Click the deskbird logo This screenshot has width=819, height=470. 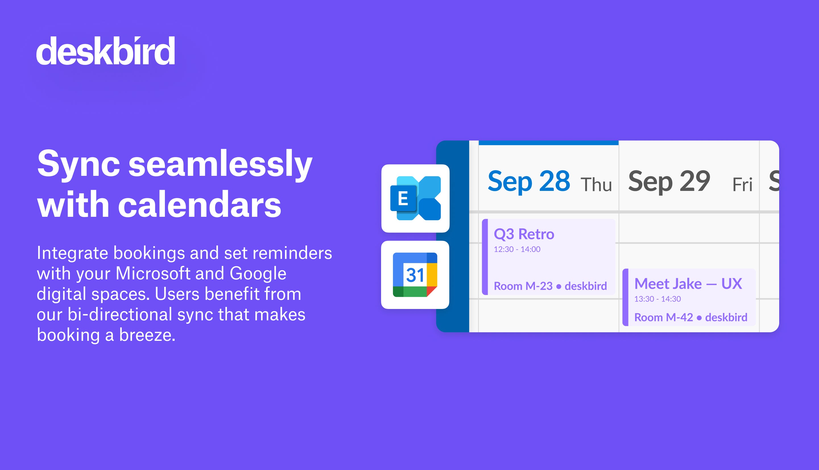point(106,51)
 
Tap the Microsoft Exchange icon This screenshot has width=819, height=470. point(415,199)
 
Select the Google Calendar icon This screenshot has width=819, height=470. point(415,275)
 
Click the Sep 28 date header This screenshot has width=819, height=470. point(529,182)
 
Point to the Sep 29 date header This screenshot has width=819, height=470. point(669,182)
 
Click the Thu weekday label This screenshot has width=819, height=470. point(596,185)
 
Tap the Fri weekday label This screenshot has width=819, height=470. point(742,185)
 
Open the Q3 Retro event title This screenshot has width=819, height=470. point(524,234)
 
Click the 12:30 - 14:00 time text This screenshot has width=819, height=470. point(517,249)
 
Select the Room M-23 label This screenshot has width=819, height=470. point(523,286)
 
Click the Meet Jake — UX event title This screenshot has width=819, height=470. point(688,284)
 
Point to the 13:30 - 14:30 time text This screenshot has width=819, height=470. point(657,299)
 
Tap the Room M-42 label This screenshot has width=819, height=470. point(663,317)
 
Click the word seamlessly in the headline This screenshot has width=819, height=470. point(220,165)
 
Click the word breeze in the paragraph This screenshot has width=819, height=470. point(147,335)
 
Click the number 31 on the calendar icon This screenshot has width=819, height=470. point(415,275)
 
